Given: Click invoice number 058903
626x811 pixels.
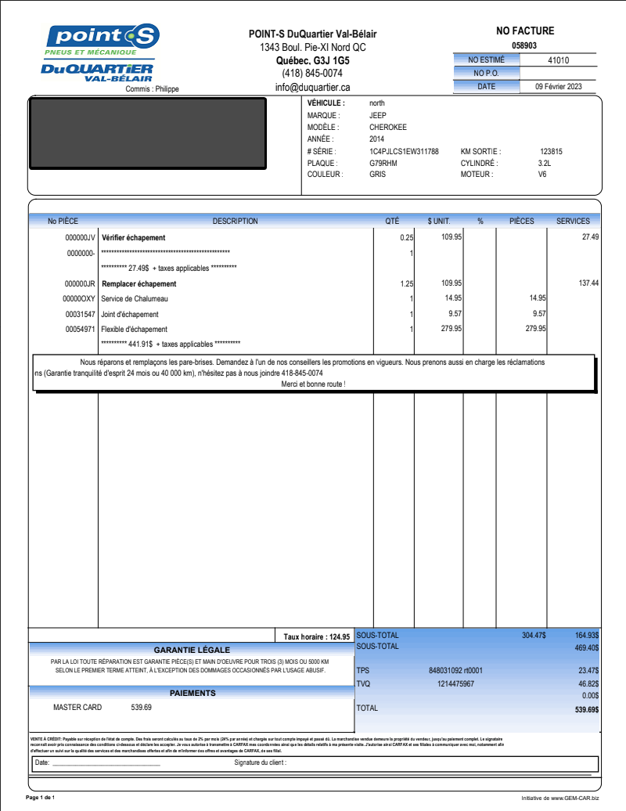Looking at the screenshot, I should pos(524,46).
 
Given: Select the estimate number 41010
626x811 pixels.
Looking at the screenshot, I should pos(558,60).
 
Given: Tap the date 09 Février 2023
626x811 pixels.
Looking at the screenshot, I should pos(558,87).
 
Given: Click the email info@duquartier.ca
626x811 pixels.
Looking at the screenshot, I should pos(312,88).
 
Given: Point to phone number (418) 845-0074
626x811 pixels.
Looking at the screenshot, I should pos(312,74).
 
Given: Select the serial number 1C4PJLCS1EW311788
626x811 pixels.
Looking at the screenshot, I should pos(404,152).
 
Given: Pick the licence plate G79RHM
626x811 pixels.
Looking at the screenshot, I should pos(383,164).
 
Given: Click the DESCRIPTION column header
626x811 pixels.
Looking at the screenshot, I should pos(235,222).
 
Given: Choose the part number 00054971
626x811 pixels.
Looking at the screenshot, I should pos(80,330).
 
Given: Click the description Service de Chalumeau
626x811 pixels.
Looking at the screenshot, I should pos(135,299).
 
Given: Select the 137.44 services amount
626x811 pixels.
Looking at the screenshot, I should pos(588,283).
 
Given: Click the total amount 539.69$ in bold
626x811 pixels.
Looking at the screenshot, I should pos(587,710).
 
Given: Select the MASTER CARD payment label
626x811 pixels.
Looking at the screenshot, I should pos(77,708).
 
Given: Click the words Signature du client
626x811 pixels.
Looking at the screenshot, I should pos(261,762).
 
